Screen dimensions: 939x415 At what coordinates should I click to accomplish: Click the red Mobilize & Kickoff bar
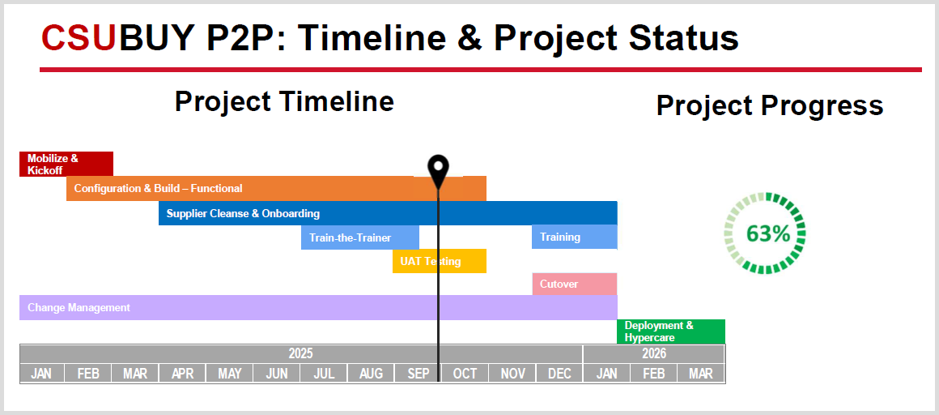(66, 164)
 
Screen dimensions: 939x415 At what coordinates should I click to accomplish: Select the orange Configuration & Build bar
(276, 188)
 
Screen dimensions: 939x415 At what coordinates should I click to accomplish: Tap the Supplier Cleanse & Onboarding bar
(388, 213)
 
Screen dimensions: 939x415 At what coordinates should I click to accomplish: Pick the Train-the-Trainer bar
(360, 237)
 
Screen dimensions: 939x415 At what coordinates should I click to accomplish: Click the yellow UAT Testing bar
(439, 261)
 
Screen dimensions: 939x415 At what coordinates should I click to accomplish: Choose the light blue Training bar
(574, 237)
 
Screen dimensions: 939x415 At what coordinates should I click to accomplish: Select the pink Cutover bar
(574, 284)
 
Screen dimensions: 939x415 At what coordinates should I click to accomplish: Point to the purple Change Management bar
(318, 308)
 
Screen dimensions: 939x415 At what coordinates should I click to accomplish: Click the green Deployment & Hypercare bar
(671, 332)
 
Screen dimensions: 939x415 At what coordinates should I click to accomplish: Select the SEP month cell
(418, 374)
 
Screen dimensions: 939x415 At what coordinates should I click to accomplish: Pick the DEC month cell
(559, 374)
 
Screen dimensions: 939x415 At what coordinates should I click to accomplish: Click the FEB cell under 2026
(654, 374)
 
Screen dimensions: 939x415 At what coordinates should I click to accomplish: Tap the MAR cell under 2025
(135, 374)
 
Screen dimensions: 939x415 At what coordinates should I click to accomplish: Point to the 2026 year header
(654, 354)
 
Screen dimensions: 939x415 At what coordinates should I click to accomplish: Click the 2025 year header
(301, 354)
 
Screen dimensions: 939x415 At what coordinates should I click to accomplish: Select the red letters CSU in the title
(78, 38)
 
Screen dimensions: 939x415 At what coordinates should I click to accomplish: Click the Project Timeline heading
(284, 102)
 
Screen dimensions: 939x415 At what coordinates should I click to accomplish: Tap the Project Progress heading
(770, 105)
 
